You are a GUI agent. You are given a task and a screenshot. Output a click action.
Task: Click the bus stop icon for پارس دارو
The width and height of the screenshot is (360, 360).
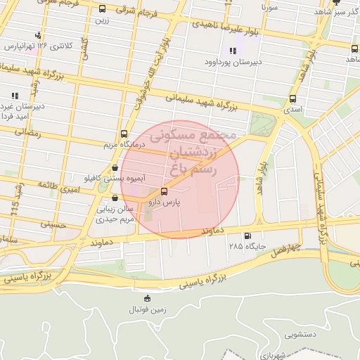[165, 191]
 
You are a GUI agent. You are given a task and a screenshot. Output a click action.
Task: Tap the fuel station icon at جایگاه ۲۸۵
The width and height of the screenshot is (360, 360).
[247, 236]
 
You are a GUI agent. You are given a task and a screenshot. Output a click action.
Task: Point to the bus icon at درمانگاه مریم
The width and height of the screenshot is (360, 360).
[124, 134]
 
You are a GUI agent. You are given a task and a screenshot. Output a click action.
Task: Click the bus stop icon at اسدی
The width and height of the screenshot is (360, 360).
[292, 99]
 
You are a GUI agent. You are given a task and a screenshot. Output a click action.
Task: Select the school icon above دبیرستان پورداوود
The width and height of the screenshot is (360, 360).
[232, 50]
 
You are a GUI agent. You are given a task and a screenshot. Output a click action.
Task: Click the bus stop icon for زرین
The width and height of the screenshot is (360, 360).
[103, 10]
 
